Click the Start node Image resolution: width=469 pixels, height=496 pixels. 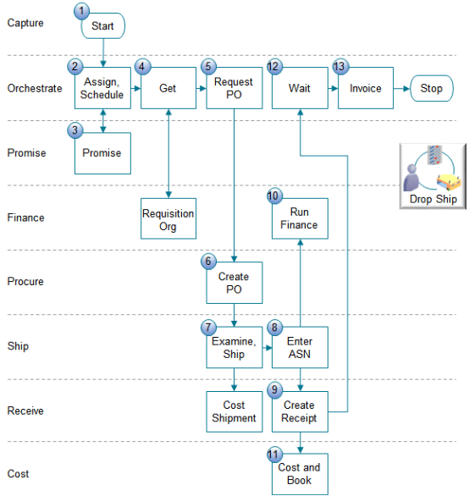[x=102, y=26]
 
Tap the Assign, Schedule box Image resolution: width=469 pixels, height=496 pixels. [x=102, y=88]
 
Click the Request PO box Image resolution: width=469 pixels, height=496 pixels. [x=234, y=88]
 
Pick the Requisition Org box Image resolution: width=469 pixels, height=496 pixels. [x=168, y=219]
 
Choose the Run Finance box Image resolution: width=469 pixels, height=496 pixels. [x=299, y=218]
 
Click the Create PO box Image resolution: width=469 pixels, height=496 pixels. [x=234, y=283]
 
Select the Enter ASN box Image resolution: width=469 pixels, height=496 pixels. [x=299, y=347]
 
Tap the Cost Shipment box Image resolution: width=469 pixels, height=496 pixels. [x=234, y=411]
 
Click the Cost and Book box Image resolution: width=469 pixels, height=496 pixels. [x=299, y=474]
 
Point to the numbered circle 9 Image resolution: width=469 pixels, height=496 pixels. [x=274, y=390]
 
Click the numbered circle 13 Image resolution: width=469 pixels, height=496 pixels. [x=340, y=66]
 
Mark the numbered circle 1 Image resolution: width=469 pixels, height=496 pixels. [x=81, y=11]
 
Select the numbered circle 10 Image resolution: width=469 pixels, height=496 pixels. [x=273, y=196]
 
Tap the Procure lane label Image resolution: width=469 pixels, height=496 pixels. [x=25, y=282]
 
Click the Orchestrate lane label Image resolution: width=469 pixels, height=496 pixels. [x=34, y=88]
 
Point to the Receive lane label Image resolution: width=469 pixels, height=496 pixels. [x=25, y=411]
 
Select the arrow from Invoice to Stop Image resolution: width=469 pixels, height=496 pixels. [x=402, y=88]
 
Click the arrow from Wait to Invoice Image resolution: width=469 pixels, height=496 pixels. [x=333, y=88]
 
